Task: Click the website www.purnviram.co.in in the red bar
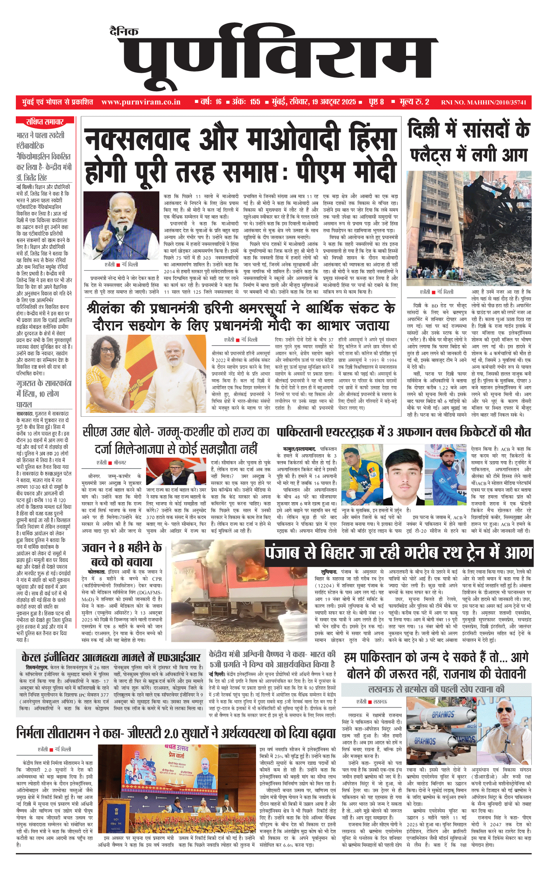(141, 102)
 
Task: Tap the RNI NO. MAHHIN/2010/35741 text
(483, 103)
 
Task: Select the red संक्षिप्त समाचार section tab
(45, 122)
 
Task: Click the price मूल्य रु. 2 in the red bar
(414, 102)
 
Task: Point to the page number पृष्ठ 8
(376, 102)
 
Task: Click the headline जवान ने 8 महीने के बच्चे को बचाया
(122, 554)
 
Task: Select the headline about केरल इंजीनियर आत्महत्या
(111, 657)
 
